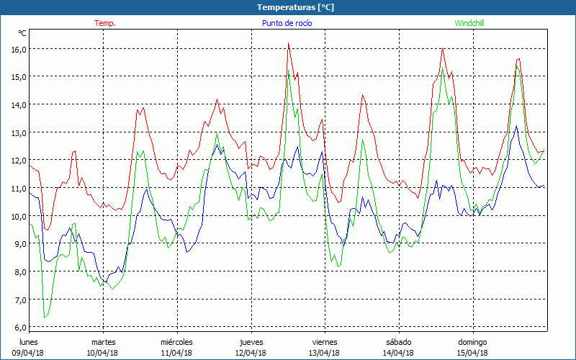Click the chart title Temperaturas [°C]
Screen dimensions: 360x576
(x=296, y=7)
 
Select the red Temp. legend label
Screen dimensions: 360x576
(x=105, y=23)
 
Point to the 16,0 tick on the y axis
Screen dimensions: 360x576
(x=18, y=49)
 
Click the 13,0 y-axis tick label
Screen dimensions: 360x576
(x=18, y=132)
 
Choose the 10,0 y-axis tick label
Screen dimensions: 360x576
(x=18, y=216)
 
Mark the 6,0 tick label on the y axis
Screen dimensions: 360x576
(x=18, y=328)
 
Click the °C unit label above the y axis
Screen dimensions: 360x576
(x=22, y=33)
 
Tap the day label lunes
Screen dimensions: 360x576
(x=29, y=342)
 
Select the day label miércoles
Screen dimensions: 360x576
(x=176, y=342)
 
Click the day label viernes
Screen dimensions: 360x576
(x=325, y=342)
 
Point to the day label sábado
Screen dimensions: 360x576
(x=399, y=342)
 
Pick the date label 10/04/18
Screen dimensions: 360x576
(x=102, y=353)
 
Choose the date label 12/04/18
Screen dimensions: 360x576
(x=251, y=353)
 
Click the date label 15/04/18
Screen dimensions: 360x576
(x=473, y=353)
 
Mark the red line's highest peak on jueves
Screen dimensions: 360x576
(x=288, y=43)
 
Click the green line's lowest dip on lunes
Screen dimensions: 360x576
(x=45, y=318)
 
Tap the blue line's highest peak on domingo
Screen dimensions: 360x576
(x=516, y=126)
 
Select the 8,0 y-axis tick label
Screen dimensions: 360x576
(x=18, y=272)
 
